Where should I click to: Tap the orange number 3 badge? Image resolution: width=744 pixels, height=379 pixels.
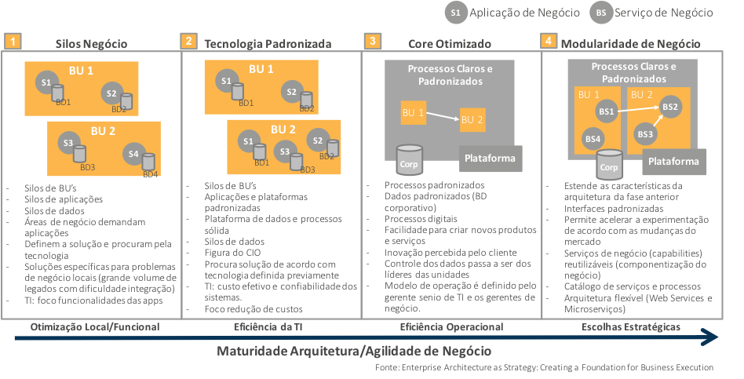[x=371, y=42]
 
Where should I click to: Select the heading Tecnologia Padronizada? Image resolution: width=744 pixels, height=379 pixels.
[x=267, y=43]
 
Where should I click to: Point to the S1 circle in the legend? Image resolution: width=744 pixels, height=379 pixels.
[x=456, y=13]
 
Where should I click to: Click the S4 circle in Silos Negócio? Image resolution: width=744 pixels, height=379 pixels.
[x=133, y=154]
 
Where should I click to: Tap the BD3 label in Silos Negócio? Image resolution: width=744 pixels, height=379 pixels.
[x=87, y=167]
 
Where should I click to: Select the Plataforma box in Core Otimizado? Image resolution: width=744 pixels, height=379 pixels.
[x=490, y=158]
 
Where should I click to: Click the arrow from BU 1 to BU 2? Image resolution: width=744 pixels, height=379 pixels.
[x=443, y=116]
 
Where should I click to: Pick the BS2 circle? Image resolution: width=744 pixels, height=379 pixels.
[x=669, y=107]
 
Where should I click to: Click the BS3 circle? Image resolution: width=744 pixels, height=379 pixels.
[x=645, y=133]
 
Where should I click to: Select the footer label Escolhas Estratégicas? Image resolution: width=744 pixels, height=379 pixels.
[x=629, y=326]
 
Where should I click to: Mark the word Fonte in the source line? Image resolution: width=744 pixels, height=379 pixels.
[x=388, y=366]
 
